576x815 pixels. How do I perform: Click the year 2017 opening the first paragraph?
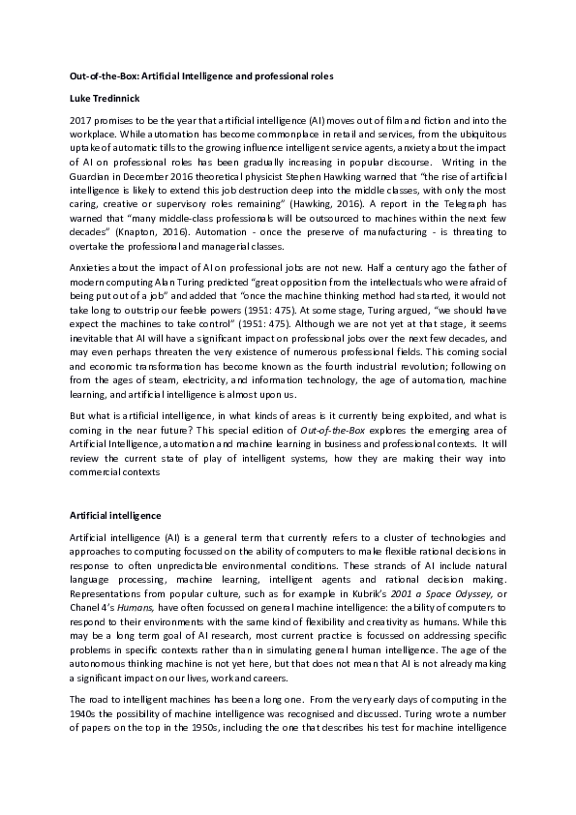pos(83,119)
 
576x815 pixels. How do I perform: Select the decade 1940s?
pos(85,752)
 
